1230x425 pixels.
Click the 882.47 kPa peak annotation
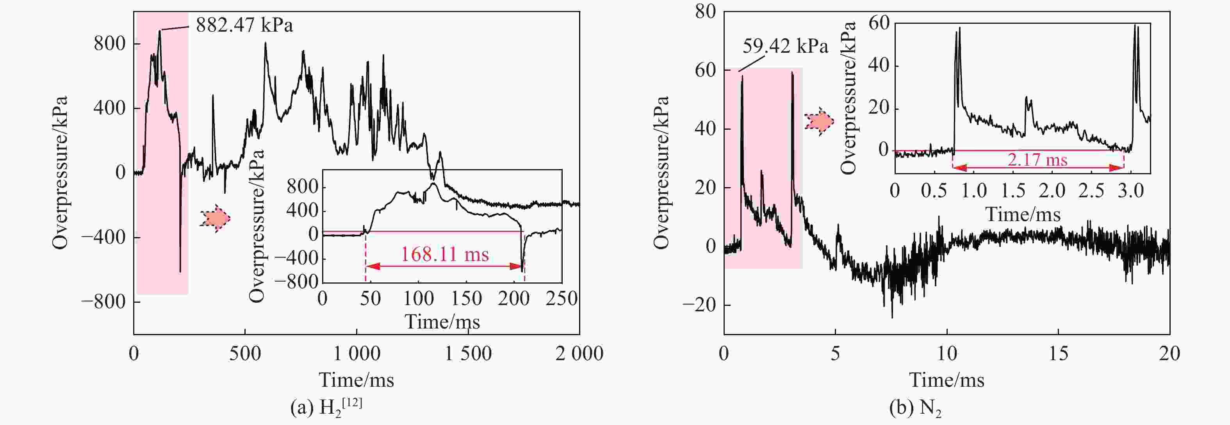point(244,25)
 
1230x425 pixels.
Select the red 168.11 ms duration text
point(444,255)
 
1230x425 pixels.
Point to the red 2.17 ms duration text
point(1037,159)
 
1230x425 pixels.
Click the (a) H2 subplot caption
point(326,407)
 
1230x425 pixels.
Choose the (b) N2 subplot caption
point(915,407)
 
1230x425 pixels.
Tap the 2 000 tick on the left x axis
point(579,354)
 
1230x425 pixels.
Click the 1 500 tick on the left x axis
point(468,354)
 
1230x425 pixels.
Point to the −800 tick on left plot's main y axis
point(103,302)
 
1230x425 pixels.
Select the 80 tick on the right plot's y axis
point(705,11)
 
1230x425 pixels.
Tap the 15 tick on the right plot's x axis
point(1058,354)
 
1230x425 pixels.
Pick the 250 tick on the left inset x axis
point(562,299)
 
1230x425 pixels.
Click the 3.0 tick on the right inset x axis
point(1131,191)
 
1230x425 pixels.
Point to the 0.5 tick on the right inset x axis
point(934,191)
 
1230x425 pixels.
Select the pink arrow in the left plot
point(215,219)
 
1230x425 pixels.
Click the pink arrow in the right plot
point(819,122)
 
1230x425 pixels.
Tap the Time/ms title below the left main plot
point(356,380)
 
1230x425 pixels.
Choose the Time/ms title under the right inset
point(1023,214)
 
